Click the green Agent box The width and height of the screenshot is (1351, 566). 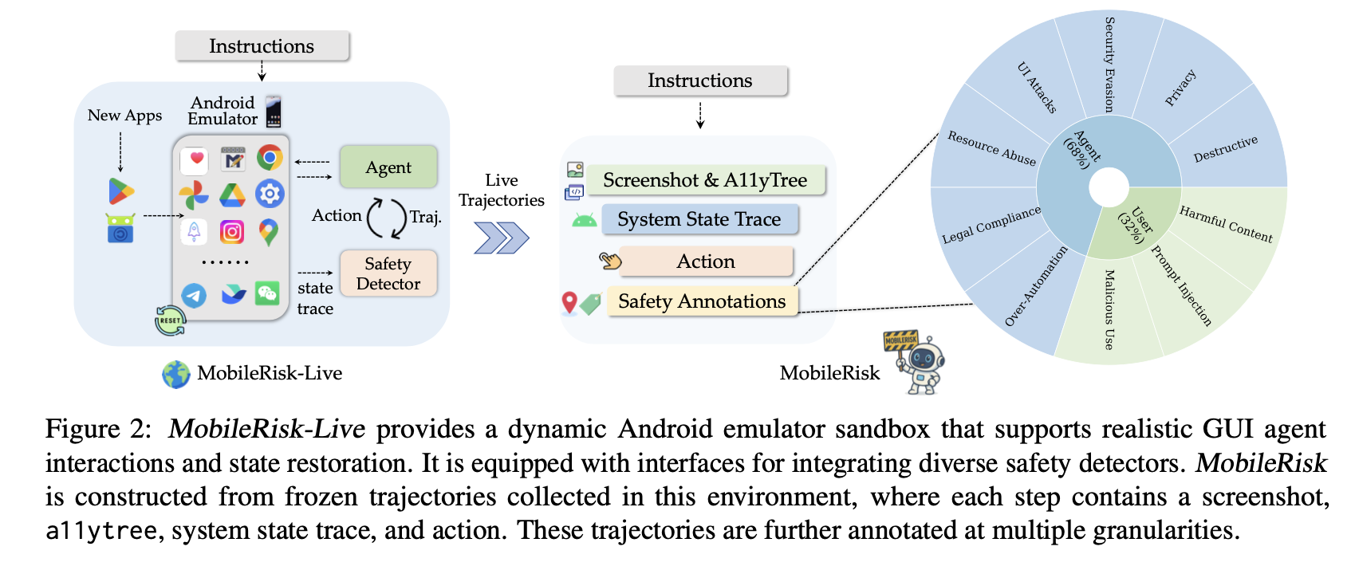click(x=388, y=167)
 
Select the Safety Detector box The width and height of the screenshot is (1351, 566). click(x=388, y=273)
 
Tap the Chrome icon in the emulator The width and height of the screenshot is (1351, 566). click(x=270, y=158)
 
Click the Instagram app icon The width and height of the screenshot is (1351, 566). click(x=231, y=232)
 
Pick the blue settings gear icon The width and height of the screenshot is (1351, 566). click(x=270, y=194)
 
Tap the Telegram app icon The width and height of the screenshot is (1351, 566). click(x=194, y=296)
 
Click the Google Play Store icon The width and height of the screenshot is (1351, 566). click(x=121, y=191)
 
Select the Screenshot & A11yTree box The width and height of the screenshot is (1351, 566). click(x=705, y=180)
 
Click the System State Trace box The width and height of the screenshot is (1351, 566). click(x=699, y=219)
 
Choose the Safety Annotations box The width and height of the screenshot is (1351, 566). click(x=702, y=301)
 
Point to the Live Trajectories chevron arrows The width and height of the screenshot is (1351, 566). click(x=501, y=238)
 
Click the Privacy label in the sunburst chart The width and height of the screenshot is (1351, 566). click(x=1180, y=88)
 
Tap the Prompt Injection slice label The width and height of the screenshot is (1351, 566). click(x=1181, y=285)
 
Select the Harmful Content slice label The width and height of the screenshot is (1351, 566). click(x=1226, y=224)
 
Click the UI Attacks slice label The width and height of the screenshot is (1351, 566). click(x=1037, y=88)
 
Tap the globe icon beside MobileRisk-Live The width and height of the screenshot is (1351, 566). click(x=175, y=374)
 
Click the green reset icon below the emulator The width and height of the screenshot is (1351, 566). click(x=170, y=320)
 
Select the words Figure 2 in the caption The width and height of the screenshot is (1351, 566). click(x=97, y=429)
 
